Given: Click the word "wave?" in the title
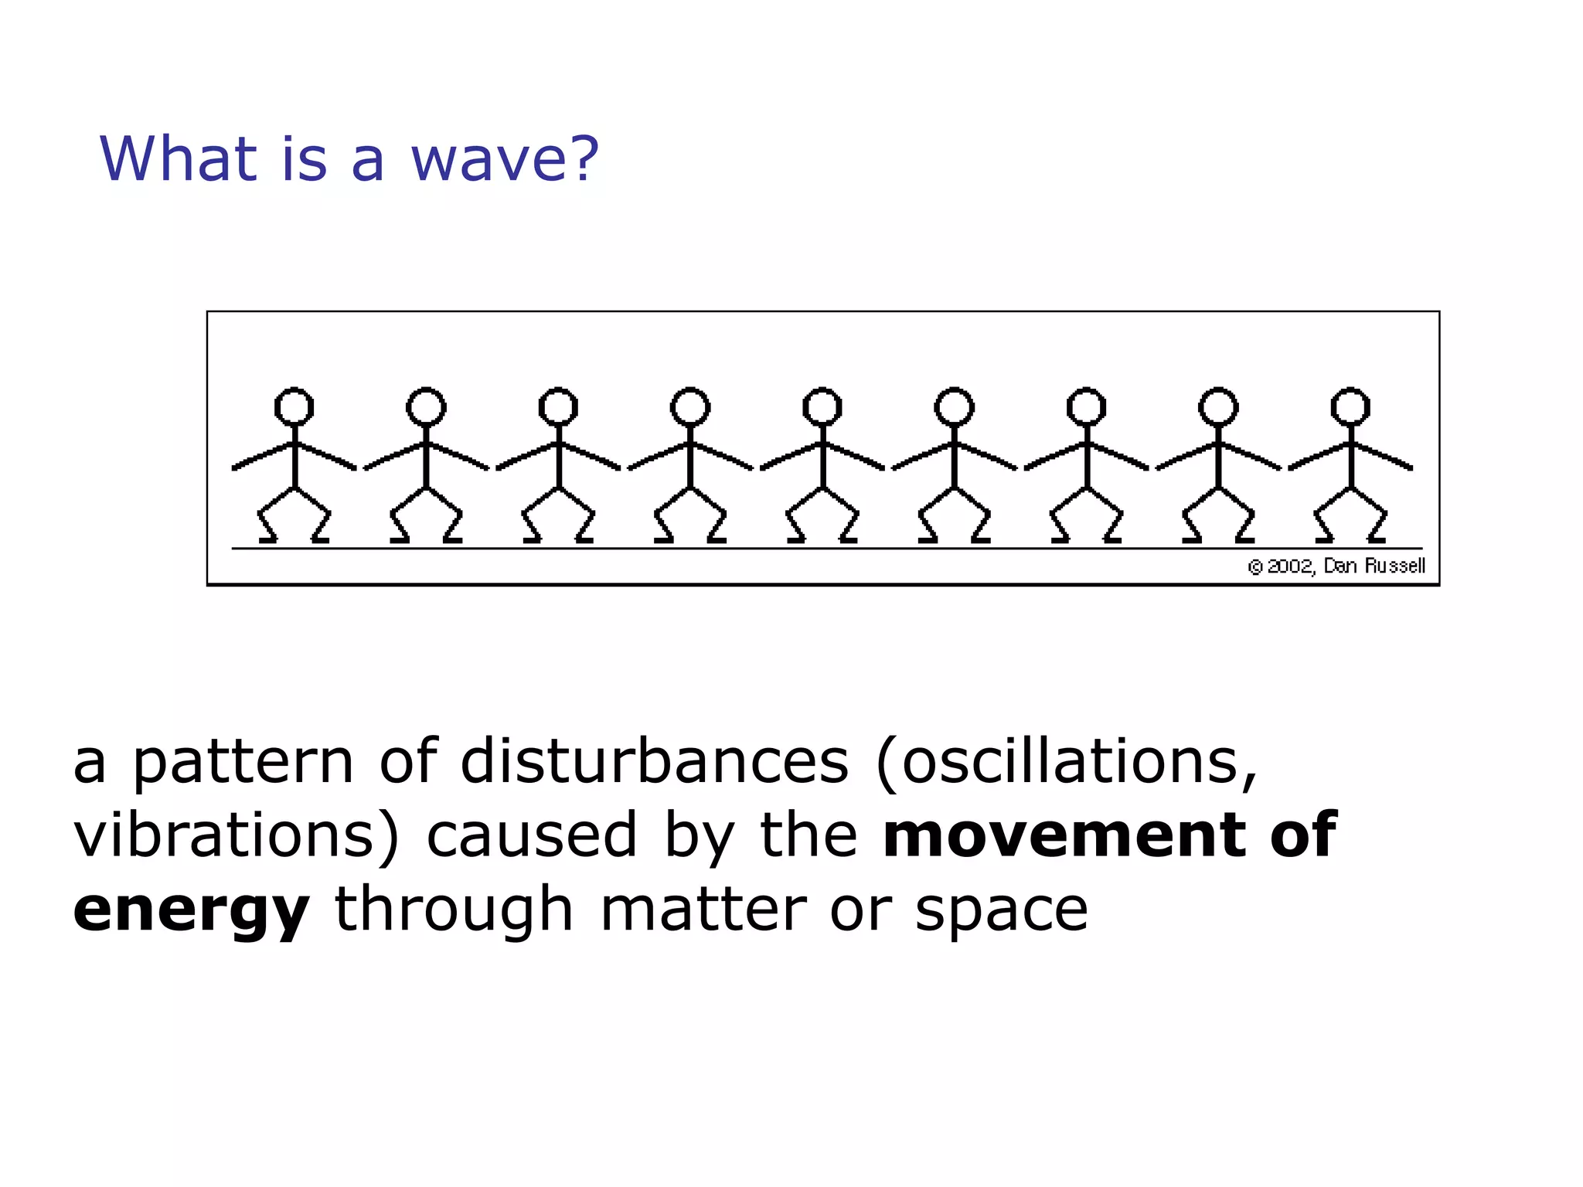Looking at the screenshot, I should point(505,159).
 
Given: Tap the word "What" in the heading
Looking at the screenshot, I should point(178,159).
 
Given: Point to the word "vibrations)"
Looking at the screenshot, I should point(237,836).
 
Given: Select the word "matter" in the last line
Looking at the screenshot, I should point(703,910).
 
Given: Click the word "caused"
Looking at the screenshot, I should point(532,836).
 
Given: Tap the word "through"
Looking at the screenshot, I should point(454,910).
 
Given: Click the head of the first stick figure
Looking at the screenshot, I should point(294,406).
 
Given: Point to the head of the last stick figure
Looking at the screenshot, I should point(1350,406).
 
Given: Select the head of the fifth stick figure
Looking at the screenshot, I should point(822,406).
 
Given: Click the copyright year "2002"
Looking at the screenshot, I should point(1289,566).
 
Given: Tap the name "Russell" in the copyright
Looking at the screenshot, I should point(1394,566).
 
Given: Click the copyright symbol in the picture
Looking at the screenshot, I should point(1255,567).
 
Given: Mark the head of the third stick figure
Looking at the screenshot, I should point(558,406).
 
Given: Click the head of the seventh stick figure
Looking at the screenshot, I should point(1087,406).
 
